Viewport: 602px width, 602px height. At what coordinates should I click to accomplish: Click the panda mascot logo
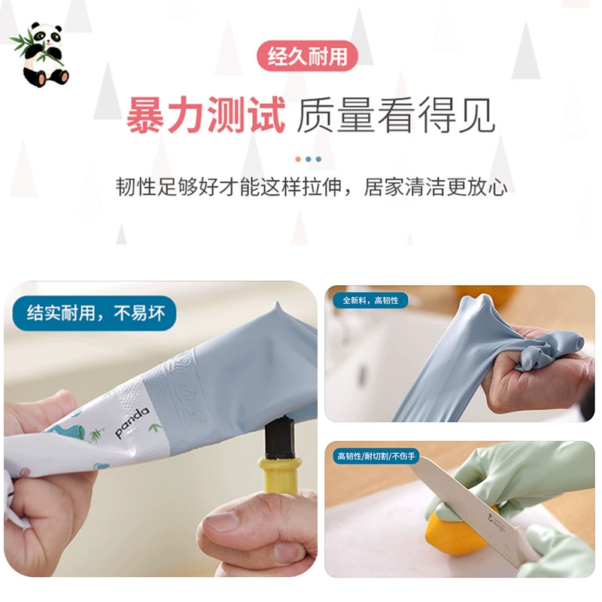(41, 54)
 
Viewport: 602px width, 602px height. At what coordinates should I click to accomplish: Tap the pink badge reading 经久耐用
(307, 56)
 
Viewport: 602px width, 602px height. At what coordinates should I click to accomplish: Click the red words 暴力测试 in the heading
(205, 115)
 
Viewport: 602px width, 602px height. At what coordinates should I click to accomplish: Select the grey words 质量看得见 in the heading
(396, 115)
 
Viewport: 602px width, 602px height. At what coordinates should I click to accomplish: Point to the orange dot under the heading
(298, 159)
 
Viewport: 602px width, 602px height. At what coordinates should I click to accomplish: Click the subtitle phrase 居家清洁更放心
(436, 187)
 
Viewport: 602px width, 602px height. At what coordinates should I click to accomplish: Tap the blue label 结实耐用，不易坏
(95, 313)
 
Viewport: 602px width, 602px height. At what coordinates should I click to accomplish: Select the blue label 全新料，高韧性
(369, 300)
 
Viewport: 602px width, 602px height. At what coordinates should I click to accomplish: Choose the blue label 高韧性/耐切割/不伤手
(375, 456)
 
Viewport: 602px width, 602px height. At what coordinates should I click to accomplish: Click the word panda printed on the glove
(132, 421)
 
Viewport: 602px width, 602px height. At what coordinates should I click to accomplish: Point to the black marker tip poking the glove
(280, 438)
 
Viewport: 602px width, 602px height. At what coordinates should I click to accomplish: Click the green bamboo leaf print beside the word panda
(155, 427)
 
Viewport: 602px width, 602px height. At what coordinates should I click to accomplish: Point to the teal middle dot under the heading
(309, 159)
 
